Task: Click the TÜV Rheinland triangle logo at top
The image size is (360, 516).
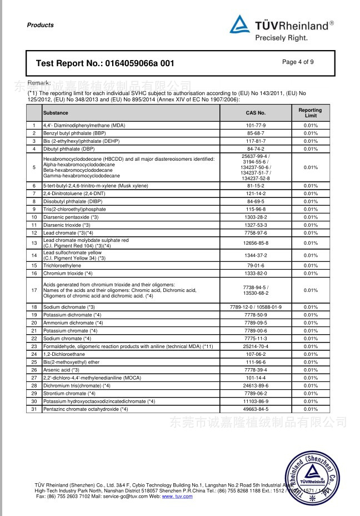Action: coord(240,24)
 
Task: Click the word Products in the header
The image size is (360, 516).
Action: coord(41,25)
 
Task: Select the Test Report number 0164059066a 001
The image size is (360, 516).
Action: coord(106,63)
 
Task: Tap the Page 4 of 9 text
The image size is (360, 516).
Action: coord(298,62)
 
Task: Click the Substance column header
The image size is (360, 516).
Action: coord(56,112)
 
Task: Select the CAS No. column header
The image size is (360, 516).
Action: coord(256,112)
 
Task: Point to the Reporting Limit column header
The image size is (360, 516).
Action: coord(310,113)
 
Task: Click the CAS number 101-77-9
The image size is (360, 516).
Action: coord(256,126)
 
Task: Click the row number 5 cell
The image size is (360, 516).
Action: coord(34,167)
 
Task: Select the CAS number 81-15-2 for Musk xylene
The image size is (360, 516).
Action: coord(256,186)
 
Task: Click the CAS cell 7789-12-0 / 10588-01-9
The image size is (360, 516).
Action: coord(256,307)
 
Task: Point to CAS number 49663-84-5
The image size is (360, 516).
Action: coord(256,409)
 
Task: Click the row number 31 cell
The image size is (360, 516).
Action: coord(34,409)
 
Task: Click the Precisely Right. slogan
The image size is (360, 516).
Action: coord(281,38)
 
